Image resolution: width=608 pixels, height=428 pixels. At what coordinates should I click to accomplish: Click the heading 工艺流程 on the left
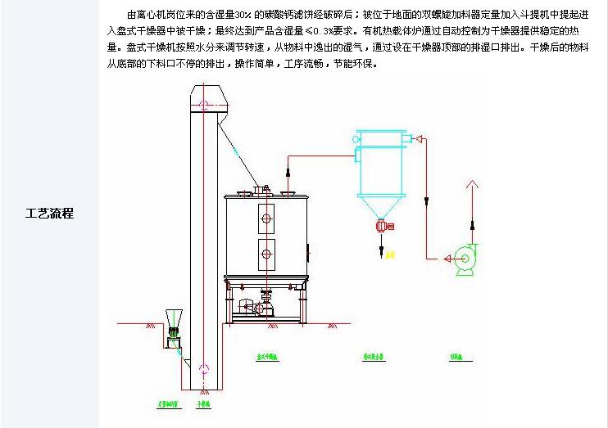click(x=50, y=214)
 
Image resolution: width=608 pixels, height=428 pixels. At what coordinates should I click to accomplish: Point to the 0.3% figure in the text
click(x=313, y=32)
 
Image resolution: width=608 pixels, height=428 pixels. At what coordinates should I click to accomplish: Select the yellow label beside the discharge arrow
click(x=391, y=256)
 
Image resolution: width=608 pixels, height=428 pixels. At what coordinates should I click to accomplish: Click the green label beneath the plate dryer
click(x=268, y=358)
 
